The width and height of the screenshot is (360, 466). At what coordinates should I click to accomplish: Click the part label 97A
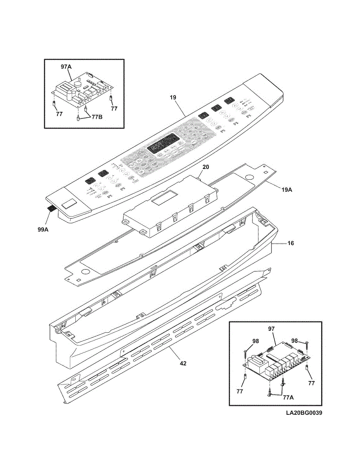66,67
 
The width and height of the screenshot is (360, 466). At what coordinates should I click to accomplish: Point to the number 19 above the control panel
173,99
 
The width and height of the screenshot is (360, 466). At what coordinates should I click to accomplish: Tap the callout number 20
206,167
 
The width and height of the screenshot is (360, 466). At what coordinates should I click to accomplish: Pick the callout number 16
290,243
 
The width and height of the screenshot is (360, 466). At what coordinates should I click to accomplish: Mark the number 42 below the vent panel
183,363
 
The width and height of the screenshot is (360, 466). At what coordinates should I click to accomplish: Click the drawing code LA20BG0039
304,413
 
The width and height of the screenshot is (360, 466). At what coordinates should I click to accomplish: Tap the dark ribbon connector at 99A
50,209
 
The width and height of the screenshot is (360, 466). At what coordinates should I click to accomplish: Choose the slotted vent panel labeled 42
163,342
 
